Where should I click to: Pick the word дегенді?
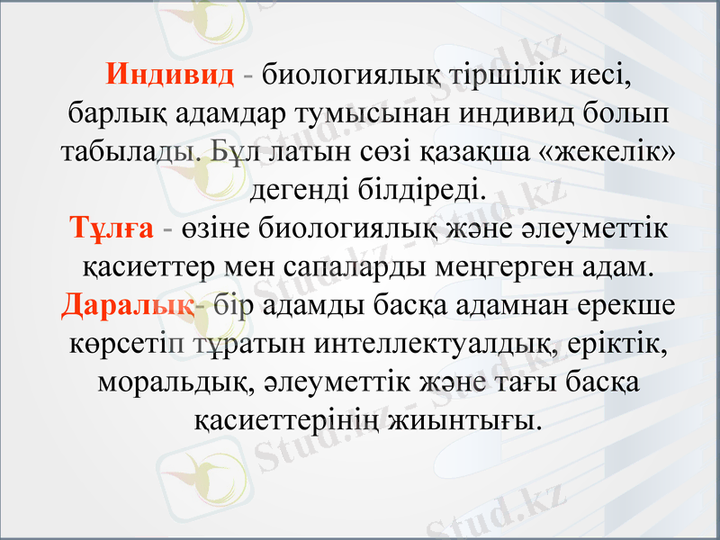pyautogui.click(x=295, y=189)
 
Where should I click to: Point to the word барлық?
pyautogui.click(x=111, y=112)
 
